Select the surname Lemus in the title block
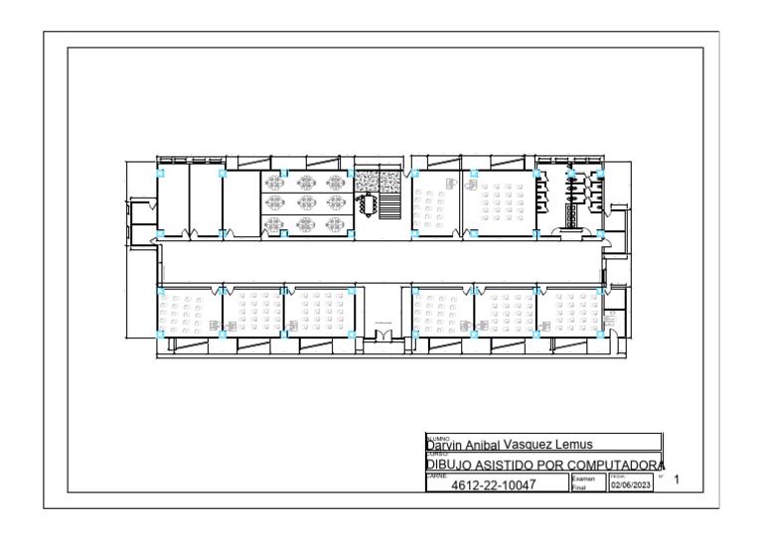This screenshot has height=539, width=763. pyautogui.click(x=573, y=445)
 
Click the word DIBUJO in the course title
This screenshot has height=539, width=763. pyautogui.click(x=448, y=465)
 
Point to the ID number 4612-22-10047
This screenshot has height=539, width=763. pyautogui.click(x=493, y=485)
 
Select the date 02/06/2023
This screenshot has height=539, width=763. pyautogui.click(x=630, y=485)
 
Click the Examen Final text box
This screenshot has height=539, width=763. pyautogui.click(x=586, y=483)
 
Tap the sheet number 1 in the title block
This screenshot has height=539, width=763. pyautogui.click(x=677, y=481)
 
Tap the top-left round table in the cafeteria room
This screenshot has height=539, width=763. pyautogui.click(x=275, y=182)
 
